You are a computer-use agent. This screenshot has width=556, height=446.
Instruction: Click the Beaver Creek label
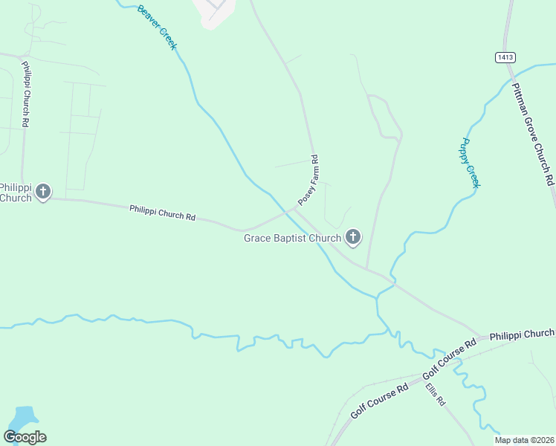(158, 28)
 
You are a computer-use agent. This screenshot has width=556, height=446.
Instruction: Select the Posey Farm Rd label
(308, 181)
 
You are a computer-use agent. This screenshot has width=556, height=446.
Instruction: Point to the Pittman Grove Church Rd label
(533, 134)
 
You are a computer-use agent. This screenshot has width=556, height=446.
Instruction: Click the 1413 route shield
(505, 57)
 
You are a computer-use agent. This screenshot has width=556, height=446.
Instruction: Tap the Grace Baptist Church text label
(292, 238)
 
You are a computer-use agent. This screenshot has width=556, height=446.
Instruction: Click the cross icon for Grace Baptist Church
(353, 238)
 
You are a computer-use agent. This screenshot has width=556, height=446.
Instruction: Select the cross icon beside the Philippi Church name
(43, 192)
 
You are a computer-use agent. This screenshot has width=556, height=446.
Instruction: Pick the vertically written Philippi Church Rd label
(25, 94)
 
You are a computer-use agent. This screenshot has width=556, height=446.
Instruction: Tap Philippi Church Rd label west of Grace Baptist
(162, 213)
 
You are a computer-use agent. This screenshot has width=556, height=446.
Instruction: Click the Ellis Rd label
(435, 394)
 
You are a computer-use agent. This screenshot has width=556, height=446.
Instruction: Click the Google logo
(25, 437)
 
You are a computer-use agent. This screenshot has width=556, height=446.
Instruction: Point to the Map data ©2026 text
(524, 440)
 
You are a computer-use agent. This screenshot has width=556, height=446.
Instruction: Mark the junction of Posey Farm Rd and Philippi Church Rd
(294, 209)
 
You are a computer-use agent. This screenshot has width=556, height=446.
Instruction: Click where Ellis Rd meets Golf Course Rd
(424, 377)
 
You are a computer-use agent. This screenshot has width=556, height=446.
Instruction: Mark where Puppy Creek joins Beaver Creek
(378, 296)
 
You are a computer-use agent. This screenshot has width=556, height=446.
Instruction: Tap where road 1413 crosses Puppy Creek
(512, 74)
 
